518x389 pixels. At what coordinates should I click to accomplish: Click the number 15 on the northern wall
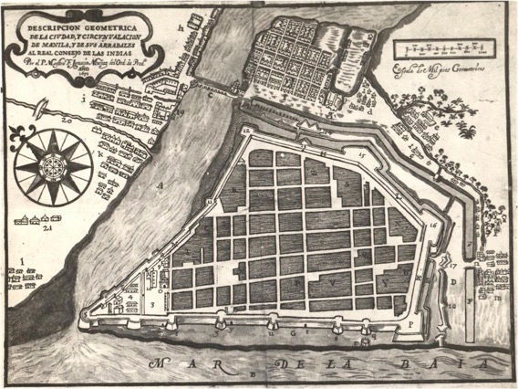(361, 157)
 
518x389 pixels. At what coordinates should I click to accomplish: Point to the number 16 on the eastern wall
(434, 224)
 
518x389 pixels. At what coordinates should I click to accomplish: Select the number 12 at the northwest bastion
(245, 131)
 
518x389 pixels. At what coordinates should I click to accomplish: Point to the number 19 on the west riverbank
(181, 112)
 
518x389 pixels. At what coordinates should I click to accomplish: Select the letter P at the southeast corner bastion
(411, 322)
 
